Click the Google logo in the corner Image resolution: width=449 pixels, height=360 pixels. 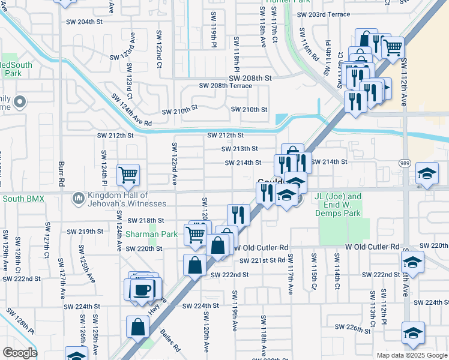[20, 353]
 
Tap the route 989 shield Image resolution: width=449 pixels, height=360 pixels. [404, 163]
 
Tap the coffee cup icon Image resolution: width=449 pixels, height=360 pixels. [142, 290]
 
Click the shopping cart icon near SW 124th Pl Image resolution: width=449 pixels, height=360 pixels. [128, 175]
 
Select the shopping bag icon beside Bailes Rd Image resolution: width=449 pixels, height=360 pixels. [137, 327]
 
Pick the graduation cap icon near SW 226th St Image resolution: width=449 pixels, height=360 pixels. [413, 333]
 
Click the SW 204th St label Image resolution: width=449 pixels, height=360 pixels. [82, 22]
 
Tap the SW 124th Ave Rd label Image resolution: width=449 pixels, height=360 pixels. [131, 109]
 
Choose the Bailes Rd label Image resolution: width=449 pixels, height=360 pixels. [169, 338]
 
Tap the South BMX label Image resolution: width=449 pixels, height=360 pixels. [23, 199]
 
